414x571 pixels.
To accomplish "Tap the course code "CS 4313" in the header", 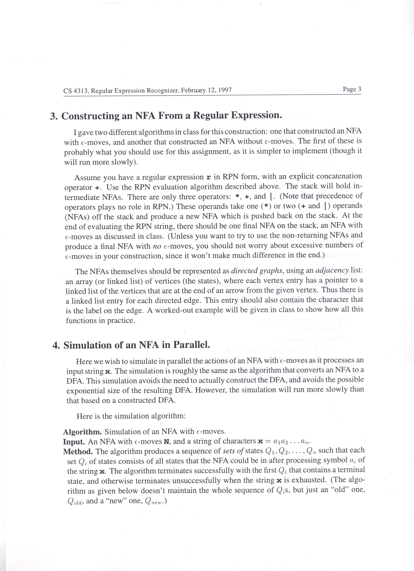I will pyautogui.click(x=76, y=91).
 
